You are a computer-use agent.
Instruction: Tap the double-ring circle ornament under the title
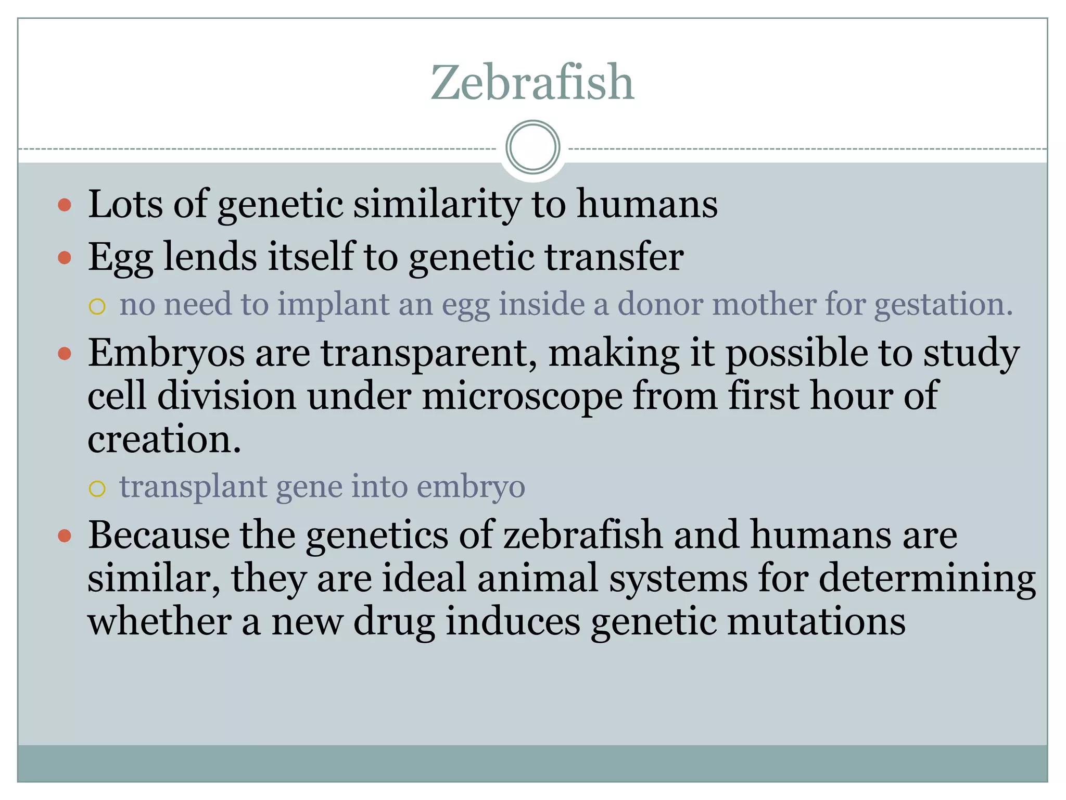(532, 147)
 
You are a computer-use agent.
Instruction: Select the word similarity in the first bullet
(437, 204)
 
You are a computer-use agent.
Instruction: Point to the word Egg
(120, 257)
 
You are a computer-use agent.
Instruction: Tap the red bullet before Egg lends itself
(65, 257)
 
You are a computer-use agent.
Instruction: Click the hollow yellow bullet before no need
(97, 306)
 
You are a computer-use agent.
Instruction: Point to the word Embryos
(166, 353)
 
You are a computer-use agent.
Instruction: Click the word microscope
(522, 396)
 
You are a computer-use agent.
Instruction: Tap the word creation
(164, 439)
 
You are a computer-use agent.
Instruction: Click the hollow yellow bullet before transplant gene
(97, 489)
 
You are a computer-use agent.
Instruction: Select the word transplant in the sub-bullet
(193, 487)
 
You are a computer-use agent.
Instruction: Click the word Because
(158, 535)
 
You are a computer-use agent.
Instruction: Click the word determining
(927, 579)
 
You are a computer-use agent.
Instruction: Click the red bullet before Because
(65, 536)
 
